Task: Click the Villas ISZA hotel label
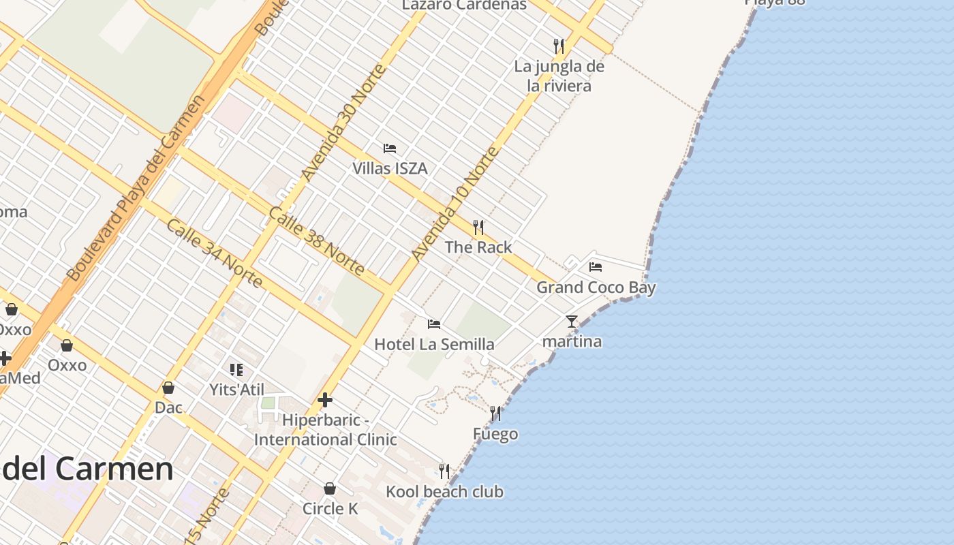point(390,168)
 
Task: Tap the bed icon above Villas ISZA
point(390,148)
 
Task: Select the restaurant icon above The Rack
point(478,227)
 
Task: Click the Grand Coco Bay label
point(596,287)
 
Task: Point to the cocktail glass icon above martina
point(572,321)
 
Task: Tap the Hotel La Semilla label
point(434,344)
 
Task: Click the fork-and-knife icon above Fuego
point(495,413)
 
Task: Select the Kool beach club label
point(444,492)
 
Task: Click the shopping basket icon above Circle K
point(330,488)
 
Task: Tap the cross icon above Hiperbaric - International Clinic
point(325,400)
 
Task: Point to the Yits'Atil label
point(236,390)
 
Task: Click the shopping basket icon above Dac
point(168,388)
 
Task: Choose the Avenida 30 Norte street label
point(343,123)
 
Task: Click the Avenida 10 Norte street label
point(455,203)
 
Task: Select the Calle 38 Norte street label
point(316,241)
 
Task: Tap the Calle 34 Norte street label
point(214,253)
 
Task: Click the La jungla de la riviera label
point(559,76)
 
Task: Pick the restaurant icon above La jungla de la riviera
point(559,46)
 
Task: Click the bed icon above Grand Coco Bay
point(596,267)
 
